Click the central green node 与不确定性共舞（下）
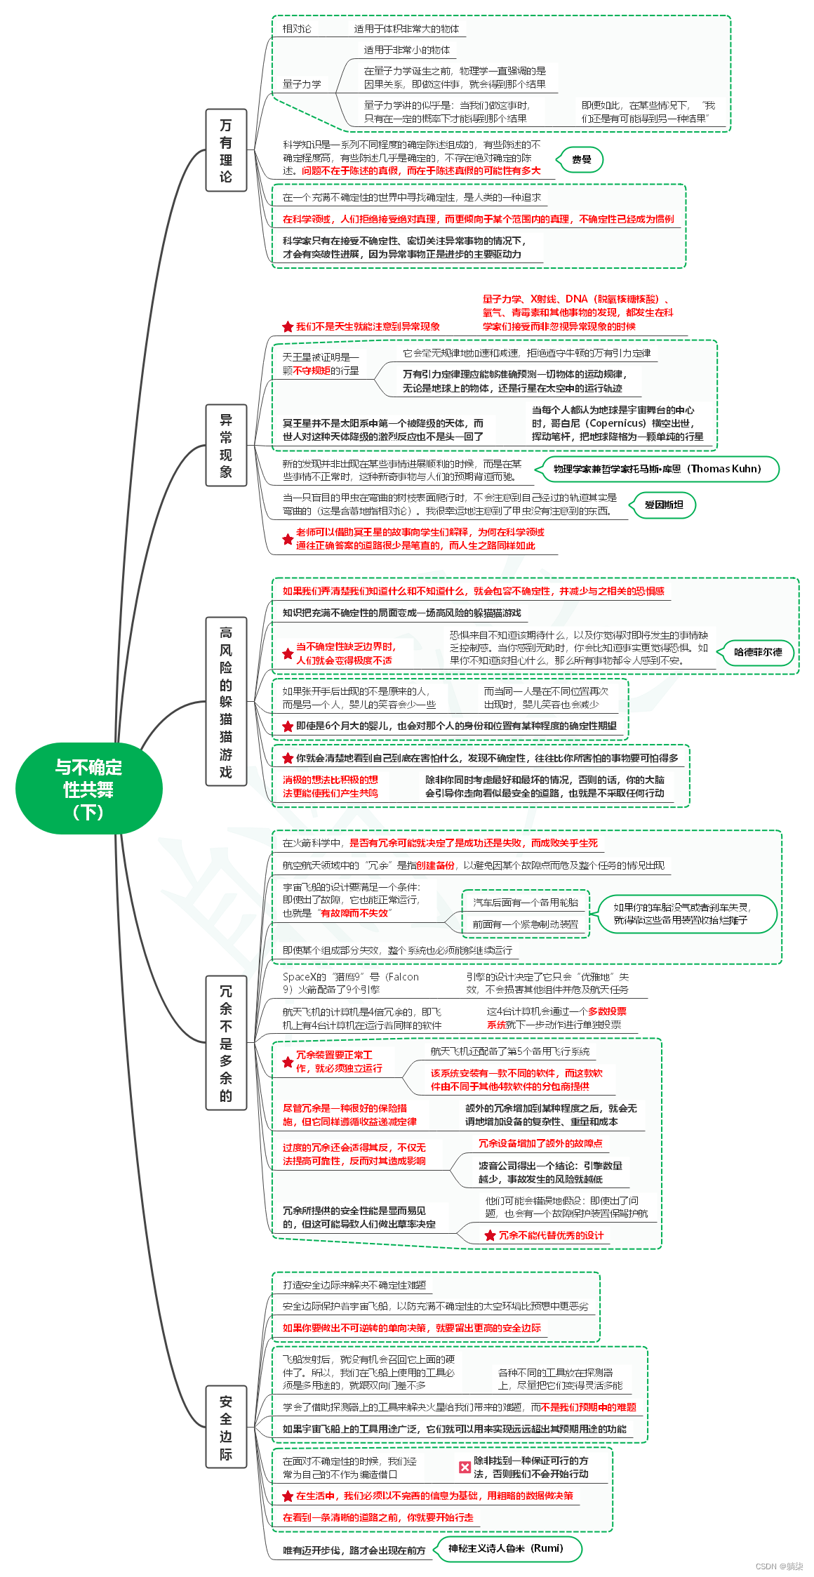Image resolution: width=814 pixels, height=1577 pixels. pyautogui.click(x=88, y=789)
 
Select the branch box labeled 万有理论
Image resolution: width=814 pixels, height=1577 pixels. pyautogui.click(x=226, y=150)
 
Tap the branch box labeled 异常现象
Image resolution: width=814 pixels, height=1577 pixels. pyautogui.click(x=226, y=445)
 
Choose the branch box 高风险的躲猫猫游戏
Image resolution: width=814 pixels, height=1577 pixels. pyautogui.click(x=226, y=701)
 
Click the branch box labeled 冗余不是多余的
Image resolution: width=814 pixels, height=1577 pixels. pyautogui.click(x=226, y=1043)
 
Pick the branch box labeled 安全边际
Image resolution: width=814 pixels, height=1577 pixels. pyautogui.click(x=226, y=1428)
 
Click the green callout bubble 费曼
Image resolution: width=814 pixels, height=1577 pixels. pyautogui.click(x=581, y=160)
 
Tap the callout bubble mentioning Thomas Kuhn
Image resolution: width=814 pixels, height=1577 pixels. pyautogui.click(x=657, y=469)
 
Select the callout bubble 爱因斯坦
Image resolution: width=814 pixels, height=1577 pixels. pyautogui.click(x=663, y=505)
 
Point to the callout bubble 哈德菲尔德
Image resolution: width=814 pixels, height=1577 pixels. pyautogui.click(x=757, y=652)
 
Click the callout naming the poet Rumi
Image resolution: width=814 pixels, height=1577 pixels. pyautogui.click(x=505, y=1548)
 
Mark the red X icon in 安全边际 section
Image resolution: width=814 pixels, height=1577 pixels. pyautogui.click(x=465, y=1467)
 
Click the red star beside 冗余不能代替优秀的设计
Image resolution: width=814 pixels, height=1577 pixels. pyautogui.click(x=490, y=1235)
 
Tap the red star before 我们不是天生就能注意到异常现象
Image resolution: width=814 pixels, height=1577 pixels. pyautogui.click(x=288, y=326)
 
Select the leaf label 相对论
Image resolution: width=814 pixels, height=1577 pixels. pyautogui.click(x=297, y=29)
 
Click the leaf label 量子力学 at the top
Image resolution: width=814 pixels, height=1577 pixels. pyautogui.click(x=302, y=84)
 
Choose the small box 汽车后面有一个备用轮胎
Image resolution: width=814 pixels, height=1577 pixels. pyautogui.click(x=526, y=903)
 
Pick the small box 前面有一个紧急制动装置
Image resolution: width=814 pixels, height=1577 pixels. pyautogui.click(x=526, y=924)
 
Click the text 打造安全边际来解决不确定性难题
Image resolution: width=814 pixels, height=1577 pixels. pyautogui.click(x=354, y=1285)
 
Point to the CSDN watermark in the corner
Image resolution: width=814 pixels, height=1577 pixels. pyautogui.click(x=779, y=1566)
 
